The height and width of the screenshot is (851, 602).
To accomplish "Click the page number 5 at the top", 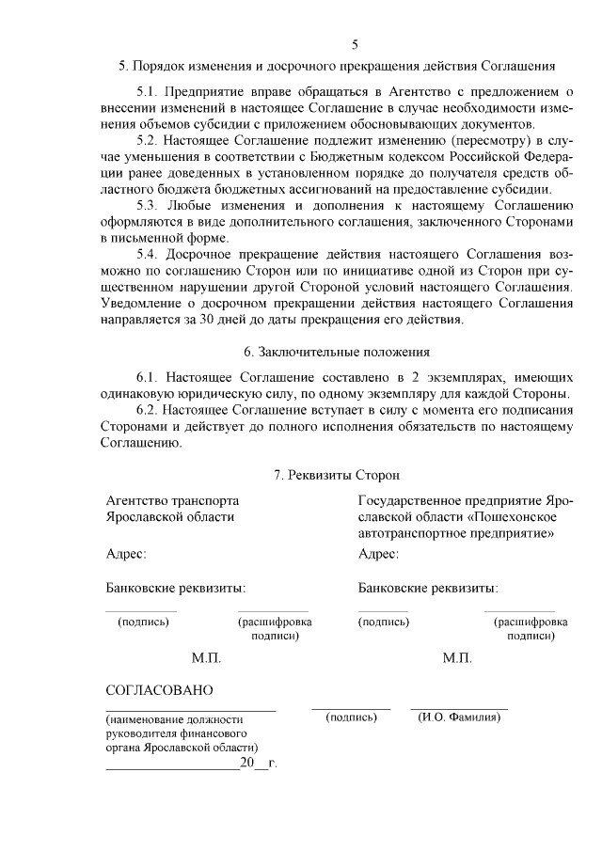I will tap(355, 43).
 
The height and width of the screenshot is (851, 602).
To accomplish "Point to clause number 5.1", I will tap(148, 92).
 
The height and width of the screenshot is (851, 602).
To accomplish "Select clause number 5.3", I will tap(148, 205).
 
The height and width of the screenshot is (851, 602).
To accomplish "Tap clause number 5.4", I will tap(148, 254).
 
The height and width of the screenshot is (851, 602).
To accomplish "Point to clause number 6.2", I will tap(148, 410).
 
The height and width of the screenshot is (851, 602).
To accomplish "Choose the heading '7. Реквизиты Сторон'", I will tap(336, 476).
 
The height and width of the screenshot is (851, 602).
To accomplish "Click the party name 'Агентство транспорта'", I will tap(172, 500).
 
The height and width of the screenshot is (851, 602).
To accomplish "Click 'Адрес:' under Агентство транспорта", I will tap(126, 554).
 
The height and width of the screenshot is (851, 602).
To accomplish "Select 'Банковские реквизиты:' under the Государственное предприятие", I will tap(428, 589).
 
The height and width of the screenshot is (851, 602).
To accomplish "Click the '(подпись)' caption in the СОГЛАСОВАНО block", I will tap(351, 717).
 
